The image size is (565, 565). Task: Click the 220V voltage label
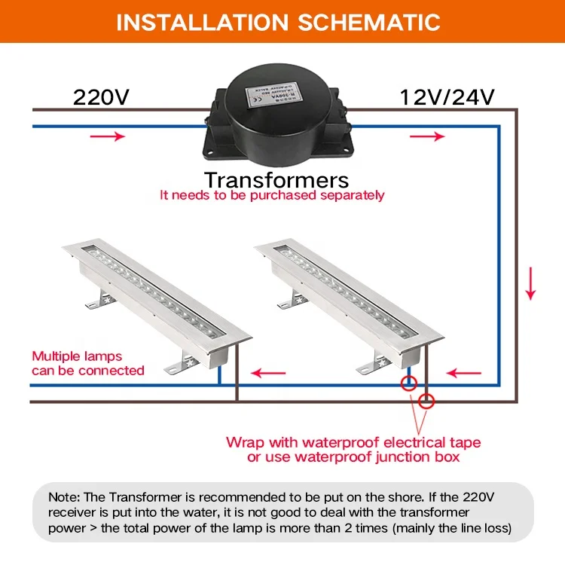click(101, 97)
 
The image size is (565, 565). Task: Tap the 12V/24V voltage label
click(447, 97)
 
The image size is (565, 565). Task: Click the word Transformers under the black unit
click(276, 180)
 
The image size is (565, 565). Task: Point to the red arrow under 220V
click(108, 136)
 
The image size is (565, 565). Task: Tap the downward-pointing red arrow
click(530, 282)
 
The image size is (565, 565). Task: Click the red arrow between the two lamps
click(269, 372)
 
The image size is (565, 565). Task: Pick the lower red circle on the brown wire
click(426, 401)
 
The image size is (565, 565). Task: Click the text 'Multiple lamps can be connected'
click(87, 363)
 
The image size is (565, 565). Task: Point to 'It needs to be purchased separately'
click(272, 195)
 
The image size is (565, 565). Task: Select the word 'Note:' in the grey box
click(67, 497)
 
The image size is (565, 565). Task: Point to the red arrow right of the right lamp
click(463, 372)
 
